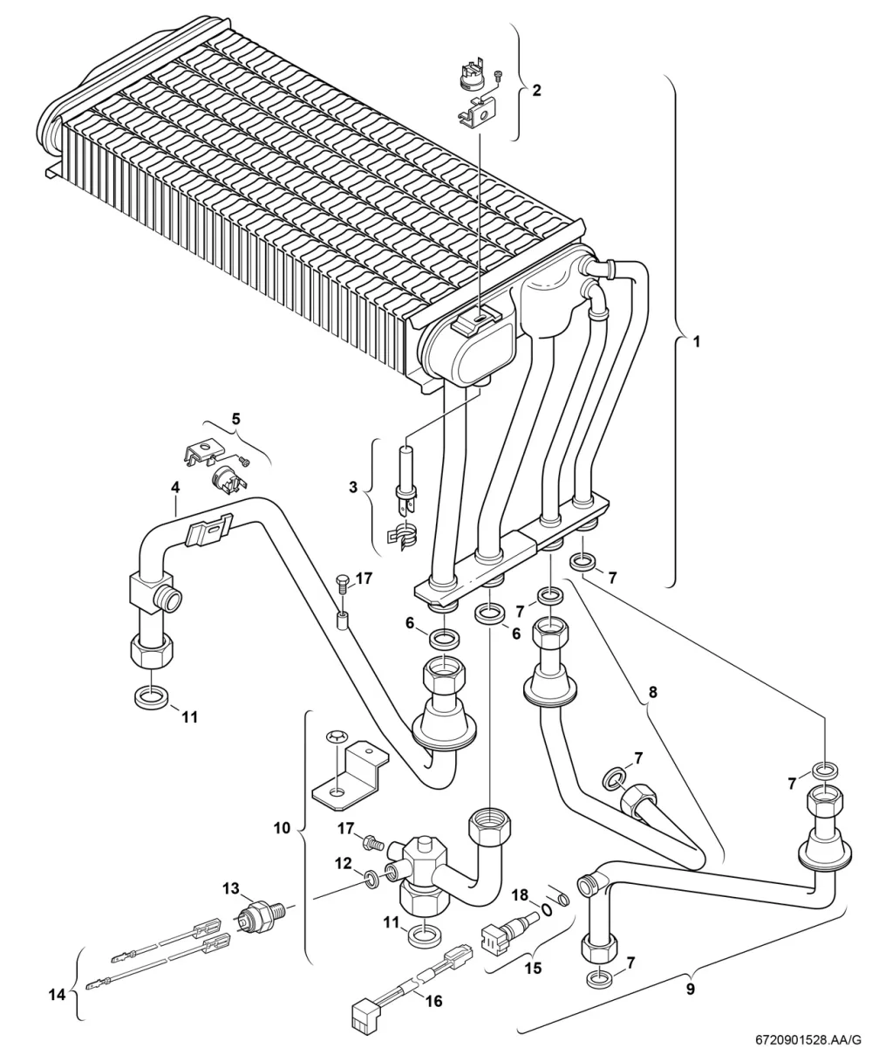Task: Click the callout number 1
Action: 697,342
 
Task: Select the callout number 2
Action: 537,91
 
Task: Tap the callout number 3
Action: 353,487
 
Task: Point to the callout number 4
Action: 175,488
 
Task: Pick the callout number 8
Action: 653,692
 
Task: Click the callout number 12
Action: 344,864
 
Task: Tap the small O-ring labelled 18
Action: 547,908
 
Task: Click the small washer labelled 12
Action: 372,881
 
